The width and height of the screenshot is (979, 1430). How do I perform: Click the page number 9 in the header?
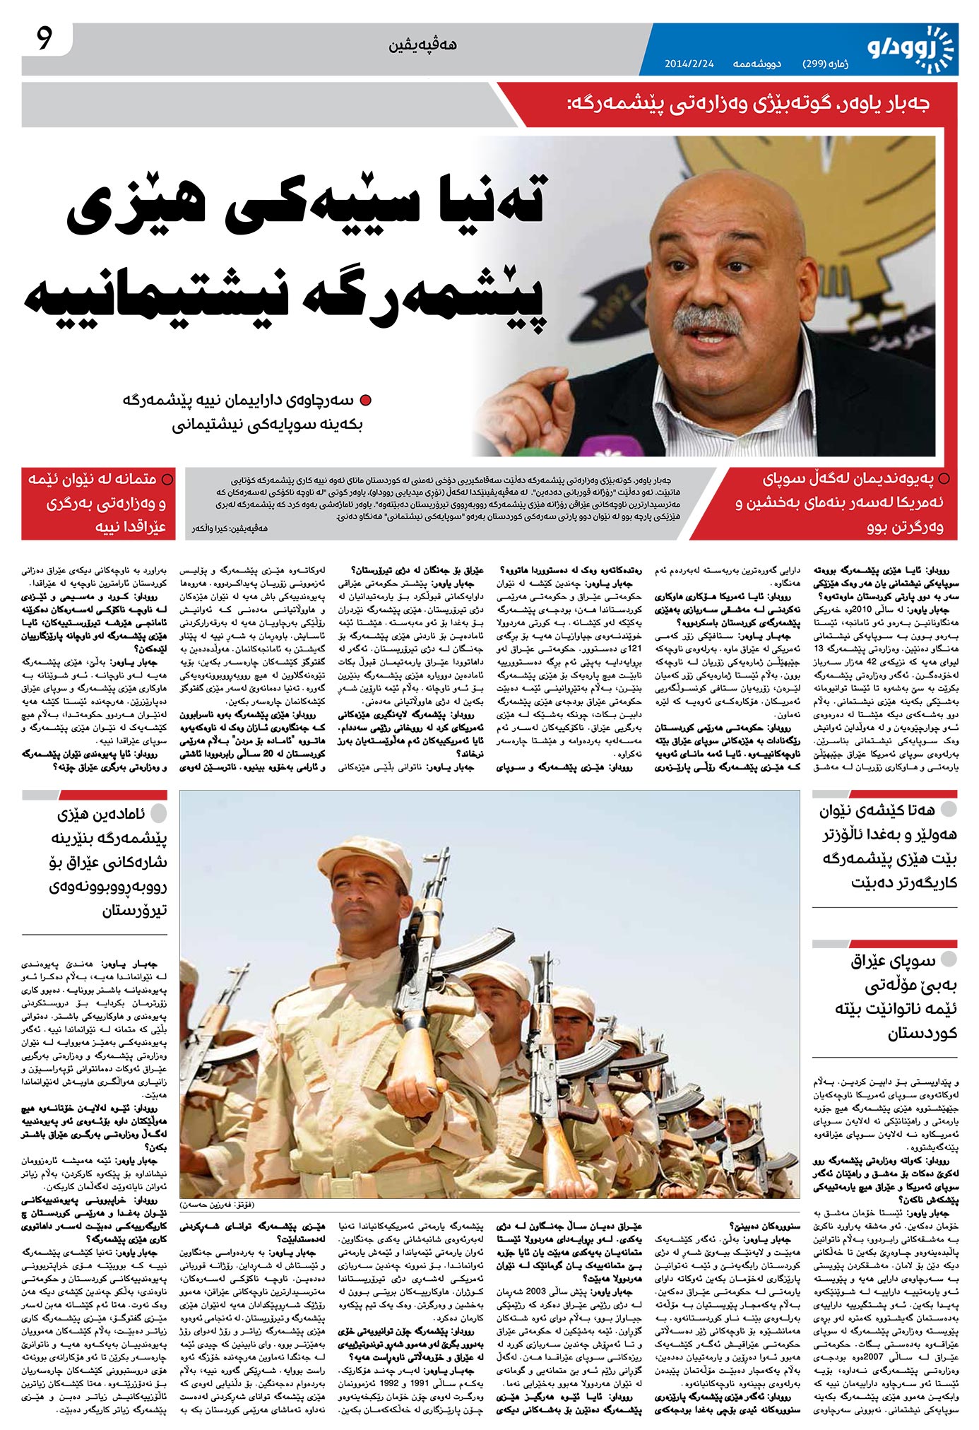point(44,40)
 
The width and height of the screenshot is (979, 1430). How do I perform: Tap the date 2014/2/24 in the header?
point(689,64)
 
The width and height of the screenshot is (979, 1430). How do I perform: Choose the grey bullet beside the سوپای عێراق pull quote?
point(948,958)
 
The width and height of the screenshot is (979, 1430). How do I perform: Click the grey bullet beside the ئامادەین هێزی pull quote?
point(159,813)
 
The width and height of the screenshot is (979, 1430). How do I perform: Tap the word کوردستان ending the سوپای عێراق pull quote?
point(922,1033)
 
